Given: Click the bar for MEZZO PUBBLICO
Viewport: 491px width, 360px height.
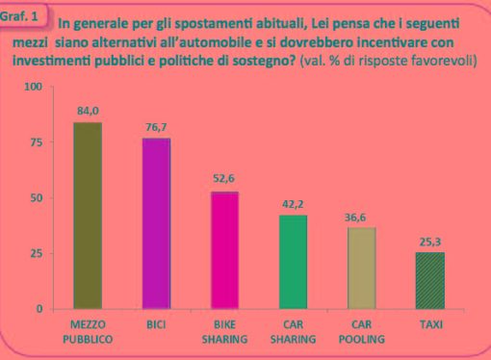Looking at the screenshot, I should [x=88, y=216].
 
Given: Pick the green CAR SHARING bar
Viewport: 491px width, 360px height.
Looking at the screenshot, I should [x=293, y=262].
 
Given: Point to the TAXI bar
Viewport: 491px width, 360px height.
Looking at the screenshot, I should [x=429, y=280].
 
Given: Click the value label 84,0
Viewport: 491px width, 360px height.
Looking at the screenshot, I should [x=88, y=112].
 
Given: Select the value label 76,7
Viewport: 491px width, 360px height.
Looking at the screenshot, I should [x=156, y=128].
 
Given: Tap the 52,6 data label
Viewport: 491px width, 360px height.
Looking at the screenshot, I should [x=225, y=181].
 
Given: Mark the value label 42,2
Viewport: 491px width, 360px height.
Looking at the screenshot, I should [x=293, y=204].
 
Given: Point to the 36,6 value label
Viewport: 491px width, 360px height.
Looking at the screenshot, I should [x=362, y=217].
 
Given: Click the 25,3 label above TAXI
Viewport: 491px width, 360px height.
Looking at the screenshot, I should [x=429, y=242].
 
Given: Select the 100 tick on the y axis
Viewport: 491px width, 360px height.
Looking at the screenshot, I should [x=35, y=88].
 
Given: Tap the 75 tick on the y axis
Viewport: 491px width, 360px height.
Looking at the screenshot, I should [x=38, y=142].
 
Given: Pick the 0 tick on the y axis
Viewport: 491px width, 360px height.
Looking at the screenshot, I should [x=40, y=309].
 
